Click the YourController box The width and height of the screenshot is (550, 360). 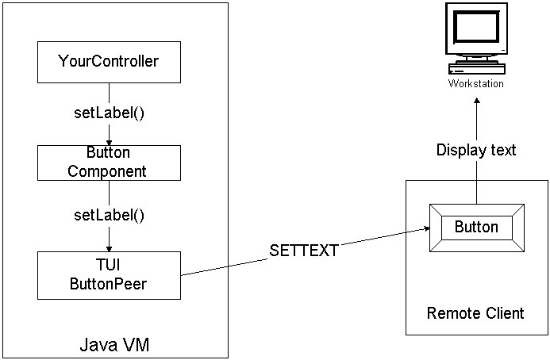point(109,62)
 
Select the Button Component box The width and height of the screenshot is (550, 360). point(109,162)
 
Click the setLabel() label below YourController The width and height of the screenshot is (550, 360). point(109,112)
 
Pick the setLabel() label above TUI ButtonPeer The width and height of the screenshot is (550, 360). point(109,214)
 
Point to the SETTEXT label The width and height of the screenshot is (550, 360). point(304,251)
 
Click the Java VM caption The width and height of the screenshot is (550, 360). point(114,345)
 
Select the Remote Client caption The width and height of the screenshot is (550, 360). point(475,312)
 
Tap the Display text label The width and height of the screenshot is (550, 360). point(476,150)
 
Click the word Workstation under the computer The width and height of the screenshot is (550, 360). point(476,83)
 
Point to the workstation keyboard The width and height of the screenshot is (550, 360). point(476,68)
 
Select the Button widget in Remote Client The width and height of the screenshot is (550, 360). point(476,228)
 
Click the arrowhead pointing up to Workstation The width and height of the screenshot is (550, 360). point(476,102)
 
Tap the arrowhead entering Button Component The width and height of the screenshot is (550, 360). point(109,141)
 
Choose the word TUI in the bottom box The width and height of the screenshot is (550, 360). point(109,264)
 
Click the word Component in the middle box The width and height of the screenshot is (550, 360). point(109,170)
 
